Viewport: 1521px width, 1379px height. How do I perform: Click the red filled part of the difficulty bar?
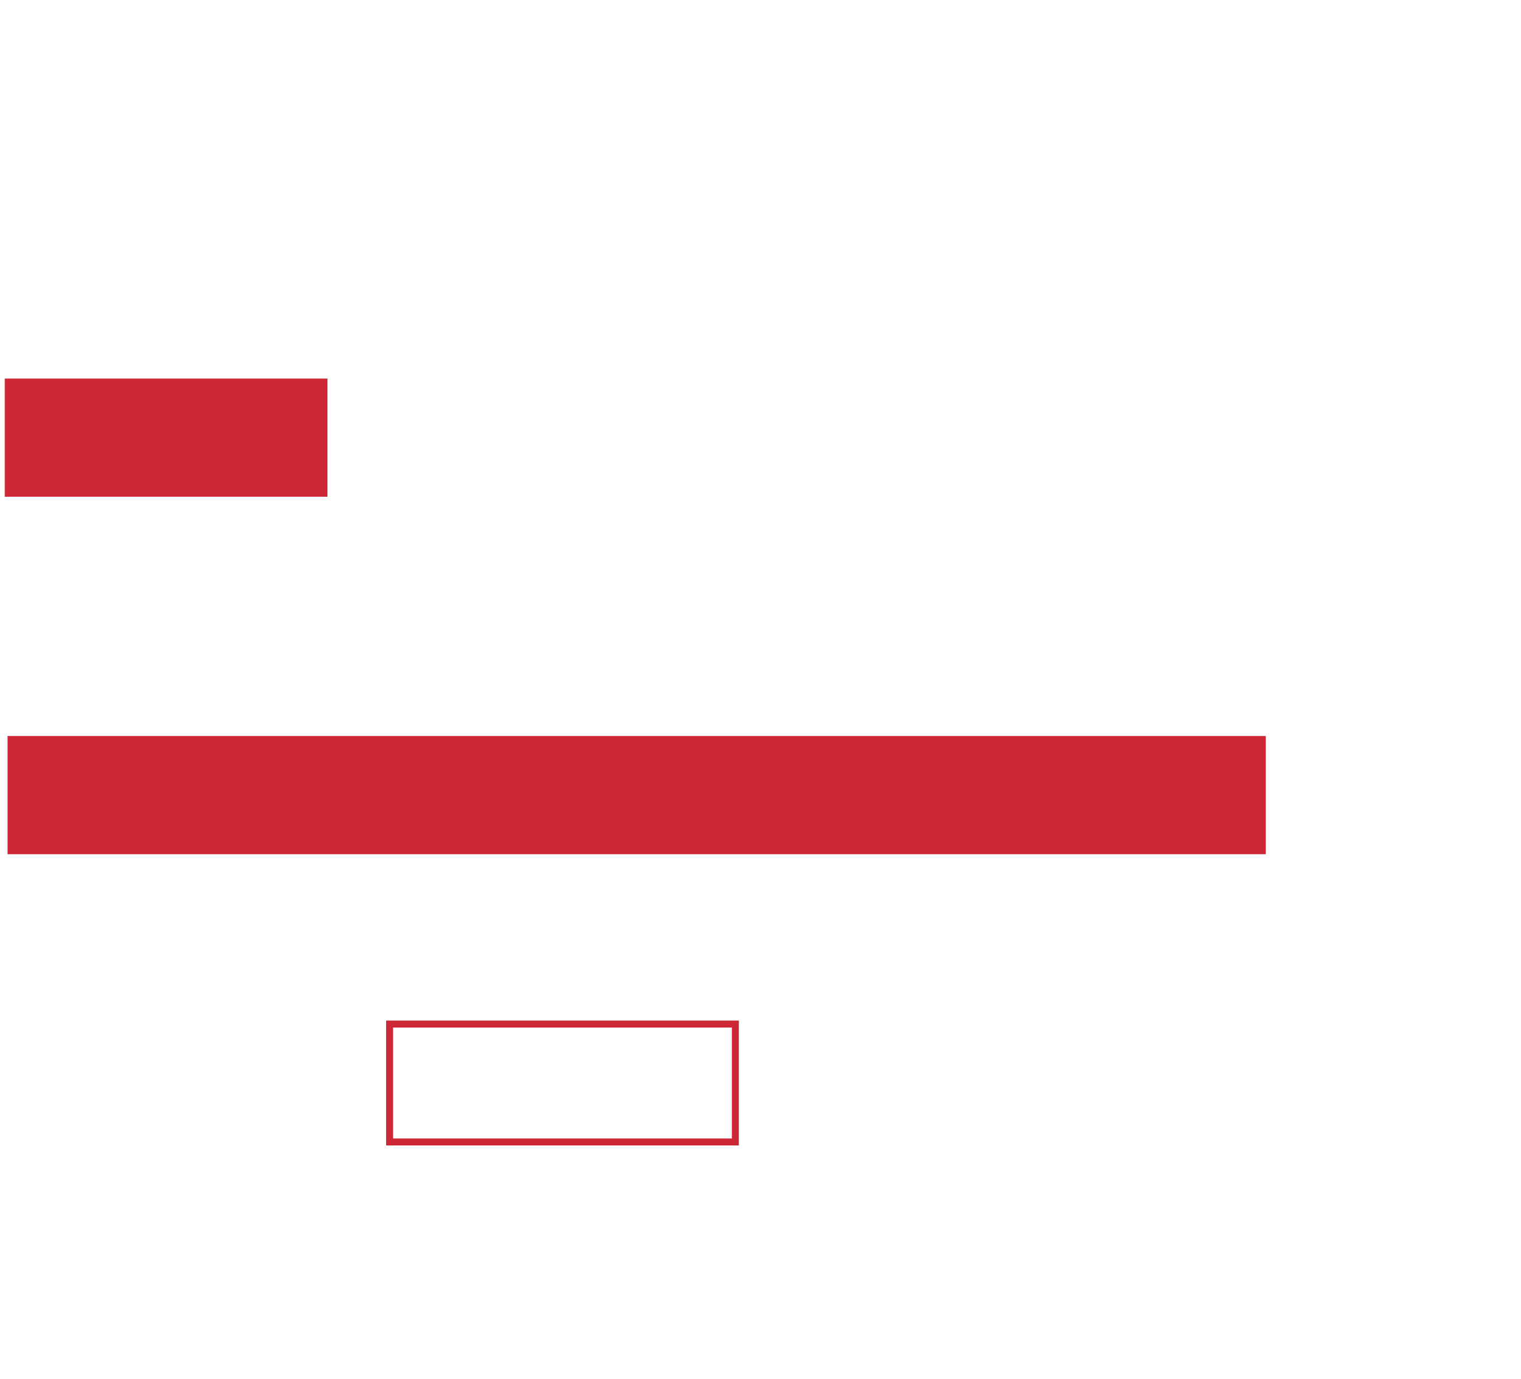(x=166, y=438)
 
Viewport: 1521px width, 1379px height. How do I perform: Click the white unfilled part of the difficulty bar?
(x=796, y=438)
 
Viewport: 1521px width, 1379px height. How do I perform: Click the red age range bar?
(x=635, y=795)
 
